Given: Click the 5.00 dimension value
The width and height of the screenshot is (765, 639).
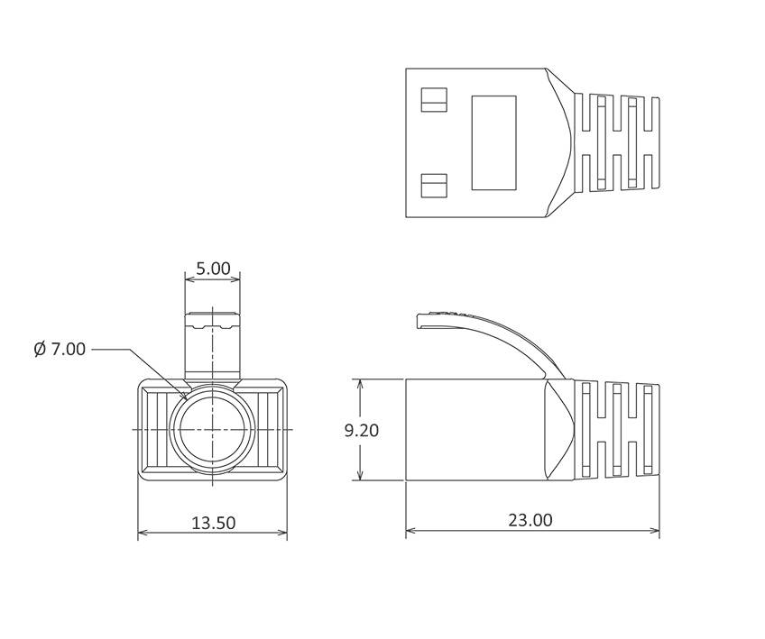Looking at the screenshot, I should (213, 269).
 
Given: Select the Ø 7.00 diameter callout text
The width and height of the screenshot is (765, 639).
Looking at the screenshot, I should (60, 349).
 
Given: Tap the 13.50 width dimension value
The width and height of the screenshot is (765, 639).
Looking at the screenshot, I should (213, 523).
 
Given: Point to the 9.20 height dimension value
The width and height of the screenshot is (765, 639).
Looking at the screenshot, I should (362, 430).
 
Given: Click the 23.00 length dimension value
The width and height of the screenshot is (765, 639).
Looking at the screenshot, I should (530, 520).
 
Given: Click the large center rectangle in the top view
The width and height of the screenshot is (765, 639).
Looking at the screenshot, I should (494, 142).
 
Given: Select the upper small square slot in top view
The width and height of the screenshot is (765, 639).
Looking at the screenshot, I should (434, 99).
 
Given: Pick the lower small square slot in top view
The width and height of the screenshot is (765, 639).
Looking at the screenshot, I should (434, 185).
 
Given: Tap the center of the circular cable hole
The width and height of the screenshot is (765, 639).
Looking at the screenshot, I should (212, 430).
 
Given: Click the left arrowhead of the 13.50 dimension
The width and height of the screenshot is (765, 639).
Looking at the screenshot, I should (142, 534).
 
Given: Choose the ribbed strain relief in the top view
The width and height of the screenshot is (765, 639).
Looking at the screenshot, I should (618, 142).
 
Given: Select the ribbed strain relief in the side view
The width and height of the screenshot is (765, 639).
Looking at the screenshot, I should (618, 430).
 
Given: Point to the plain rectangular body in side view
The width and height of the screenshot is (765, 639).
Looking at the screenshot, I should (474, 430).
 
